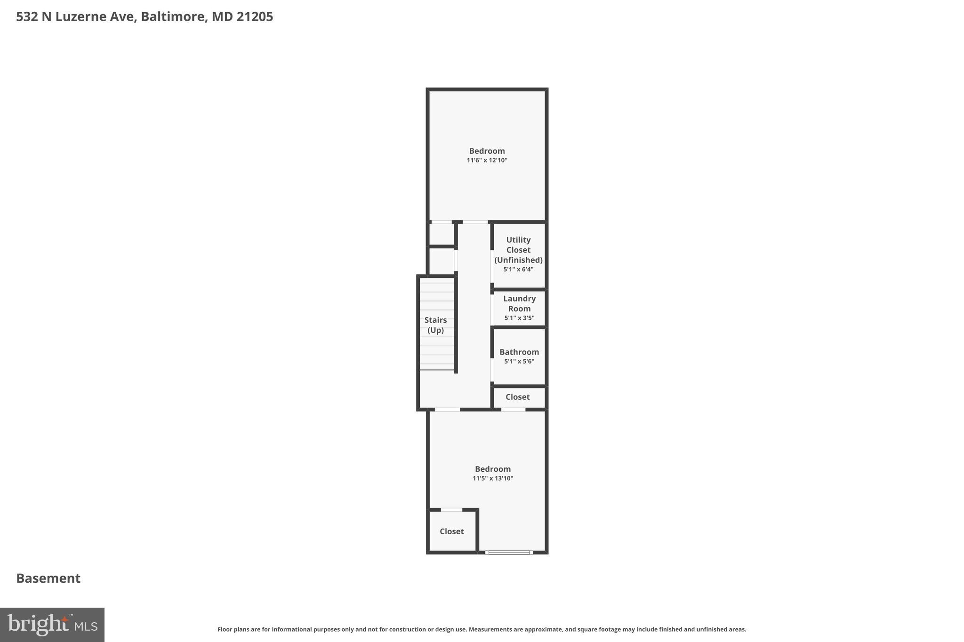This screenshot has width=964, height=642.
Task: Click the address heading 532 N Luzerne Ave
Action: click(144, 17)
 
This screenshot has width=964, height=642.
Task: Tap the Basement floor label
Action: click(48, 578)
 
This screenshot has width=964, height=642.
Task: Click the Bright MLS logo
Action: click(52, 625)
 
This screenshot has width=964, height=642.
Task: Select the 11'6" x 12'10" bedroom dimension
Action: click(487, 160)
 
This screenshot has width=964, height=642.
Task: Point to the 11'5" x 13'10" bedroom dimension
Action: click(493, 478)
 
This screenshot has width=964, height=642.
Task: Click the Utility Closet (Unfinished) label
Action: click(518, 250)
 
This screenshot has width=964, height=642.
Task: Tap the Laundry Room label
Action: click(519, 304)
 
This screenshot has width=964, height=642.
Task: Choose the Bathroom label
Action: click(519, 352)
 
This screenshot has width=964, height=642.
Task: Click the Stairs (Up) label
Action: click(435, 325)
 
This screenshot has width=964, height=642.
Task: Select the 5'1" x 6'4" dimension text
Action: click(518, 269)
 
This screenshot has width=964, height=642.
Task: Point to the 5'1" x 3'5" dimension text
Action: click(519, 318)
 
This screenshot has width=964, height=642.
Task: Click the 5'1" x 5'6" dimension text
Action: click(519, 362)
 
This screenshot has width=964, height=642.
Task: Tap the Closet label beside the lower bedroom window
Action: click(451, 531)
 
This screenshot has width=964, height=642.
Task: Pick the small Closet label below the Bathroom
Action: click(517, 397)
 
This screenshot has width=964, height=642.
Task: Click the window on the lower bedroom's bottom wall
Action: click(509, 552)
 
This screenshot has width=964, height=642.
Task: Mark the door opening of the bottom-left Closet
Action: click(451, 510)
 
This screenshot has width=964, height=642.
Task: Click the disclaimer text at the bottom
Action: click(482, 629)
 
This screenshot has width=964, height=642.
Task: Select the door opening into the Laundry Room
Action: click(492, 309)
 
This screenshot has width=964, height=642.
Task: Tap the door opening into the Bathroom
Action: click(492, 370)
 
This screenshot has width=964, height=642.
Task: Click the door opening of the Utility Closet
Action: click(492, 266)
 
